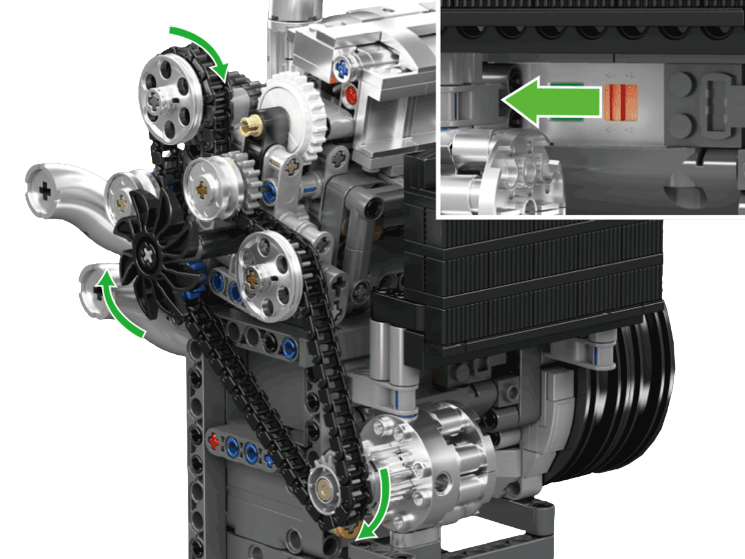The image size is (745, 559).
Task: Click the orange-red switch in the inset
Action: coord(620,101)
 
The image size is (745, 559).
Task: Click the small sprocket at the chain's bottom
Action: coord(326,487)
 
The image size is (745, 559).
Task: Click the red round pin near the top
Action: coord(351,94)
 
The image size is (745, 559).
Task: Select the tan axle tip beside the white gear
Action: coord(251,126)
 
